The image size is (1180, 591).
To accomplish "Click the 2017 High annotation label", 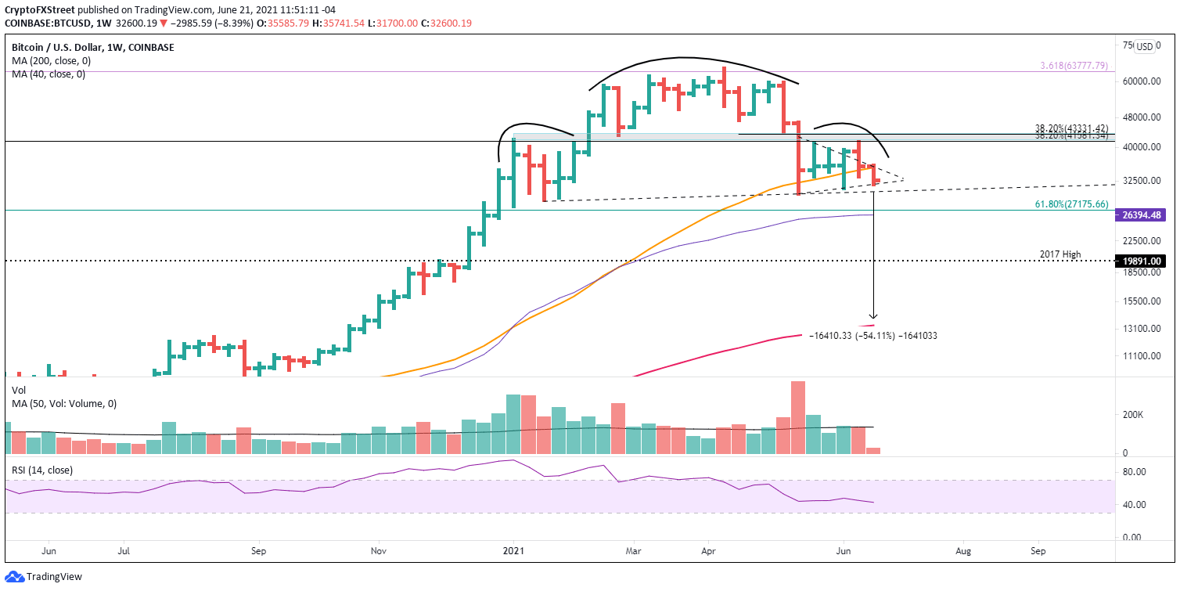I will point(1060,254).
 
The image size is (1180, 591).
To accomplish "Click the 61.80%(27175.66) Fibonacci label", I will point(1068,204).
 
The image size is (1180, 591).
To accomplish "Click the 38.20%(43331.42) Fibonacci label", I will point(1071,128).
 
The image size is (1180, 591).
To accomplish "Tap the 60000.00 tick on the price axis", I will point(1141,81).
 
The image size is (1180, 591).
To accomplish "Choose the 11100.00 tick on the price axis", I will point(1141,356).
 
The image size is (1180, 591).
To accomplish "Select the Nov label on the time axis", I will point(378,551).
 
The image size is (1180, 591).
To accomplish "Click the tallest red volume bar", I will point(798,417).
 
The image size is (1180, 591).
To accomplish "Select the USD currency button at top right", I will point(1145,46).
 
